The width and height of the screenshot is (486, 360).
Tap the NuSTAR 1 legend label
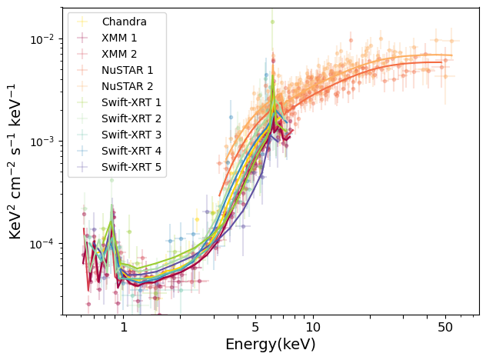tap(126, 70)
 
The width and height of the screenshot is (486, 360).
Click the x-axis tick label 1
tap(124, 328)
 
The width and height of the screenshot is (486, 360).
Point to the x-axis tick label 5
tap(254, 328)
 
